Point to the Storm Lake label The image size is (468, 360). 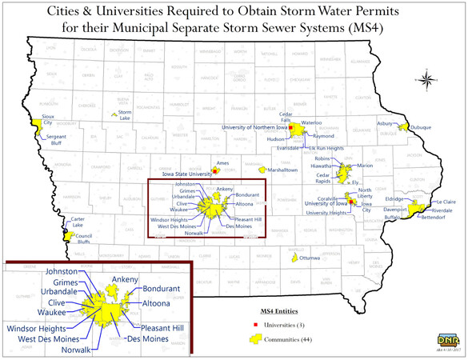pyautogui.click(x=125, y=114)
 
